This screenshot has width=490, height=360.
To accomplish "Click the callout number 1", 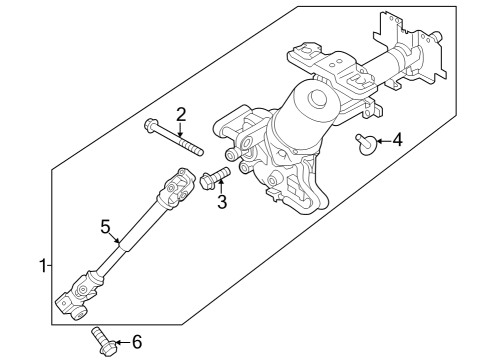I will (42, 266).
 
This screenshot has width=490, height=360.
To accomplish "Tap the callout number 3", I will (223, 203).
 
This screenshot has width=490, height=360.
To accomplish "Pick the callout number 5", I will (104, 227).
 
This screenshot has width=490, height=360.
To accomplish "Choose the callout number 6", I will (136, 343).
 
